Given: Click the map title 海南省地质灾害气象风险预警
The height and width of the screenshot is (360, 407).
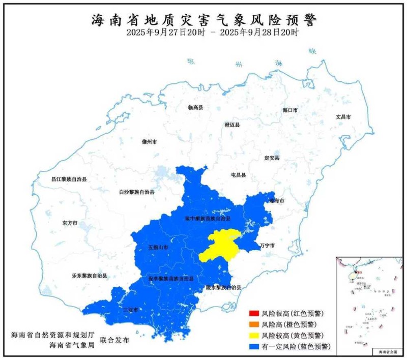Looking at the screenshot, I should [203, 20].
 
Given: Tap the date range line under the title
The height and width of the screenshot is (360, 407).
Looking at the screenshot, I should [213, 33].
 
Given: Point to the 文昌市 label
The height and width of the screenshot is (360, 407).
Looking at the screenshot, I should [343, 117].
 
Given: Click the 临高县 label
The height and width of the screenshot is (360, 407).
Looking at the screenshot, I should [195, 108].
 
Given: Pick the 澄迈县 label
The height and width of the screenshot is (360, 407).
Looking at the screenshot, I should [232, 125].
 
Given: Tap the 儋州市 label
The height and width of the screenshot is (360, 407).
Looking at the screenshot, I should [150, 142].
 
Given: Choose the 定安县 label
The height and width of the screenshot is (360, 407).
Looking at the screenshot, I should [272, 158].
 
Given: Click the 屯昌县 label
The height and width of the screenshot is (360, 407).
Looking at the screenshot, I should [238, 175].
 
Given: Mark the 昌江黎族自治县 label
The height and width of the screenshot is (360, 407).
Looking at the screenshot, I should [69, 179].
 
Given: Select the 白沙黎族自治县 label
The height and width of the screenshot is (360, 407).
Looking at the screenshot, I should [136, 192].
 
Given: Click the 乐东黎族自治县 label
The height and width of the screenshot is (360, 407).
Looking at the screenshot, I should [89, 276].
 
